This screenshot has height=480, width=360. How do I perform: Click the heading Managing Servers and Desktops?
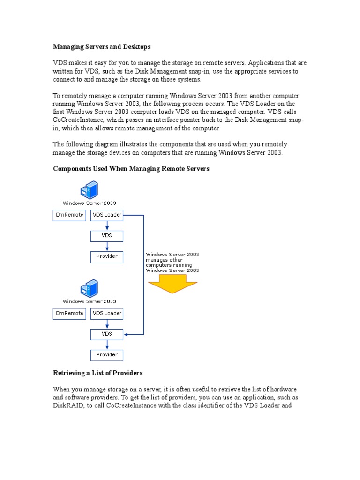[x=102, y=47]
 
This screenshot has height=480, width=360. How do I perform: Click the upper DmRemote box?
[x=69, y=215]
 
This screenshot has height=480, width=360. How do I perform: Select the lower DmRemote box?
[x=69, y=313]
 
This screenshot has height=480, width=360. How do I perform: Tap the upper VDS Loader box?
[x=107, y=215]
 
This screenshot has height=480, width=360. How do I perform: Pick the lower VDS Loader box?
[x=107, y=313]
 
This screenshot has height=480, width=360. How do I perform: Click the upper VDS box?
[x=107, y=235]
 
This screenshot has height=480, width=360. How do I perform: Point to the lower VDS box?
[x=107, y=334]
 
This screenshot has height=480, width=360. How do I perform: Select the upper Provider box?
[x=107, y=256]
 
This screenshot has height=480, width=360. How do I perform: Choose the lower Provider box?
[x=107, y=355]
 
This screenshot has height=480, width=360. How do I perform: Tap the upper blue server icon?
[x=89, y=189]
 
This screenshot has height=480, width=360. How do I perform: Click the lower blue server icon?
[x=89, y=288]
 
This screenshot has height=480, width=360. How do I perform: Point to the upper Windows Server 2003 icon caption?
[x=90, y=203]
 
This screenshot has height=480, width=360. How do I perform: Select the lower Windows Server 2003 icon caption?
[x=90, y=301]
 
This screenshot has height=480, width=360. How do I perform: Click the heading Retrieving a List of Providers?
[x=98, y=373]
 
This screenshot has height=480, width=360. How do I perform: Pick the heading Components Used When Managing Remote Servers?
[x=131, y=169]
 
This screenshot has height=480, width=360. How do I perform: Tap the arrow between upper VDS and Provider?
[x=107, y=246]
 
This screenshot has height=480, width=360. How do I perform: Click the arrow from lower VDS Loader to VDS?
[x=107, y=324]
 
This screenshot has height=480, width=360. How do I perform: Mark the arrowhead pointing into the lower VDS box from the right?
[x=127, y=334]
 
